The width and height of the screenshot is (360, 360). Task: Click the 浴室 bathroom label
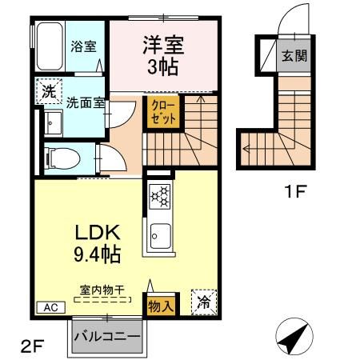coord(84,46)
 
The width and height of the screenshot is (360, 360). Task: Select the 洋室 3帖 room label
coord(162,54)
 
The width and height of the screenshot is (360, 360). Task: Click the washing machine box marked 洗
coord(47,91)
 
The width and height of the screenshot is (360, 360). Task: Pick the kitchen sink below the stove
coord(158,236)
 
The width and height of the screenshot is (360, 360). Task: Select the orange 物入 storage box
coord(157,306)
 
